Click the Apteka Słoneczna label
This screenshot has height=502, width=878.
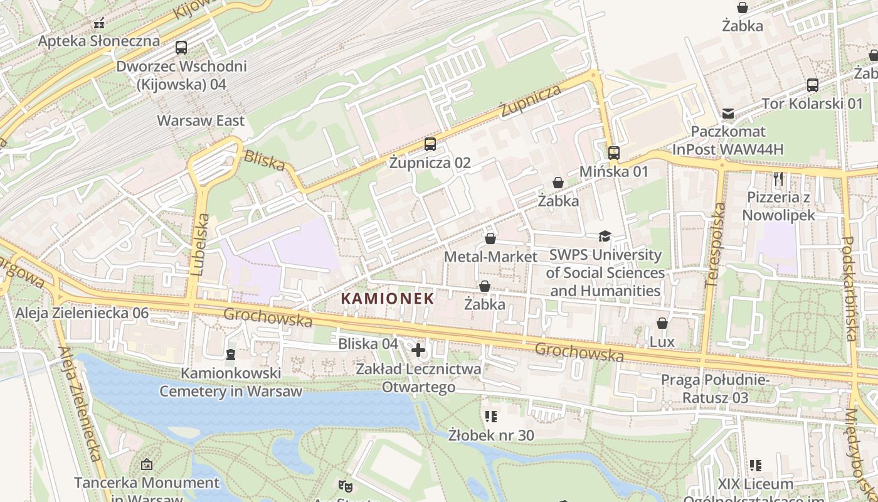point(99,41)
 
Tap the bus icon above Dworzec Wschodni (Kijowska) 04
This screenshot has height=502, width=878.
point(181,47)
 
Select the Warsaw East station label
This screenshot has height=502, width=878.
point(201,120)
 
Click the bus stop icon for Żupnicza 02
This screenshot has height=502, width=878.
point(430,144)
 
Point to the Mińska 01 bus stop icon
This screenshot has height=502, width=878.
point(614,152)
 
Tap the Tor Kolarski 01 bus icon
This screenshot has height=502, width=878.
point(813,85)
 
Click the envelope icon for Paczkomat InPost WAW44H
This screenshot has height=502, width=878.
point(728,114)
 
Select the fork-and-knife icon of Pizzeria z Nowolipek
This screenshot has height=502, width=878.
point(778,179)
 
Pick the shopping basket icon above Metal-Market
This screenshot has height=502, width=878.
point(490,238)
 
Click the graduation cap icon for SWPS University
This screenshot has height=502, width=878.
point(605,237)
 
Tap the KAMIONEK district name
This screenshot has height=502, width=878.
point(388,299)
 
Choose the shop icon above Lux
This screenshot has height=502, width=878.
point(662,323)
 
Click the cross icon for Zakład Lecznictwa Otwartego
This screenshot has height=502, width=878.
point(418,350)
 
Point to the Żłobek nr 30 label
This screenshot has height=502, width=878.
point(491,434)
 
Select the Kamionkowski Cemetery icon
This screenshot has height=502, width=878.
point(231,355)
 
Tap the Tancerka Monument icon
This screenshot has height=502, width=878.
point(147,464)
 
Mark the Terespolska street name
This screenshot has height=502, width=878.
point(715,245)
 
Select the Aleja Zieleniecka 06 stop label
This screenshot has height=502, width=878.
point(82,313)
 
